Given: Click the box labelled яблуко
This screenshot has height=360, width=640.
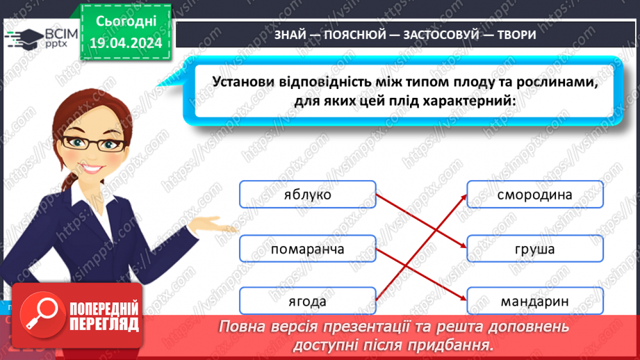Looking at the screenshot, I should pyautogui.click(x=307, y=195).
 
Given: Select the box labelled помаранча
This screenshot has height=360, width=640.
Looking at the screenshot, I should pyautogui.click(x=307, y=249).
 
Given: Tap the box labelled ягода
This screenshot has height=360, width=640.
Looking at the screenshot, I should pyautogui.click(x=307, y=302).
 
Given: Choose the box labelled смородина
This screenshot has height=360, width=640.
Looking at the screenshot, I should pyautogui.click(x=535, y=195).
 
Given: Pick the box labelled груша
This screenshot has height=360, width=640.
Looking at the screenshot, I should pyautogui.click(x=535, y=249).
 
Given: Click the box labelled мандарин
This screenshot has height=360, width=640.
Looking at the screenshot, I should pyautogui.click(x=535, y=302).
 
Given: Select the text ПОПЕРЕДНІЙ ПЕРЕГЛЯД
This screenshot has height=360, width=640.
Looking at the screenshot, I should pyautogui.click(x=99, y=317).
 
